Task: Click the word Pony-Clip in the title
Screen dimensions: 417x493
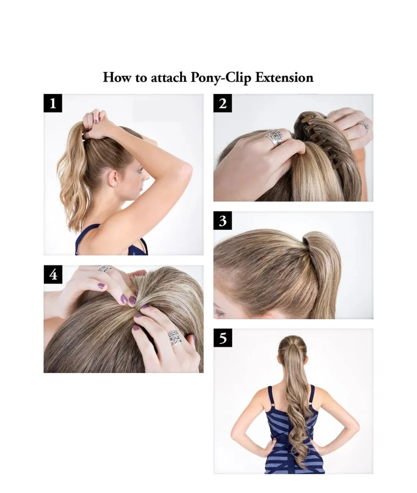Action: [221, 78]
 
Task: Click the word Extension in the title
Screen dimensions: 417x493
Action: [284, 77]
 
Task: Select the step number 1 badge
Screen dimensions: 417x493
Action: [53, 103]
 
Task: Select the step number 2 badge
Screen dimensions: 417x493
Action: [223, 103]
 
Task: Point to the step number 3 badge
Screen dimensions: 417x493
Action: [223, 221]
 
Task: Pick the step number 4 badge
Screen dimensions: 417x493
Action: [53, 274]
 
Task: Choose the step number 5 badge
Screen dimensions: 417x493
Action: [223, 338]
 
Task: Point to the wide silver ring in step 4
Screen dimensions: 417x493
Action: [174, 338]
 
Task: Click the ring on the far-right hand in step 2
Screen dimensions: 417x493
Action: [364, 126]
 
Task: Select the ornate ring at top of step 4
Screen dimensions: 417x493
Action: [104, 269]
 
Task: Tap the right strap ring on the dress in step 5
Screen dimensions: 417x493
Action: [309, 403]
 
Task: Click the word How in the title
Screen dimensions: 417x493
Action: [117, 77]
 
